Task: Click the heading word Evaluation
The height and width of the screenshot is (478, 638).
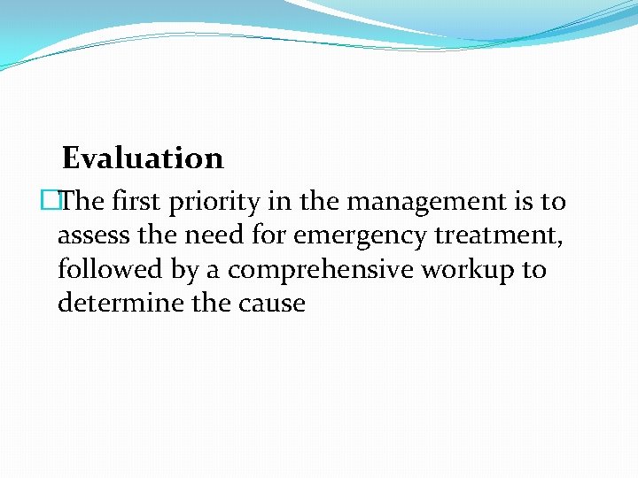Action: coord(143,158)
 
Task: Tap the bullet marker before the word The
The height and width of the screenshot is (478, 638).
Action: coord(58,202)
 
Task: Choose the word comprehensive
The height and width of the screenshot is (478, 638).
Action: coord(320,270)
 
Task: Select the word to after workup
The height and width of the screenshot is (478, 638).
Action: coord(534,269)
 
